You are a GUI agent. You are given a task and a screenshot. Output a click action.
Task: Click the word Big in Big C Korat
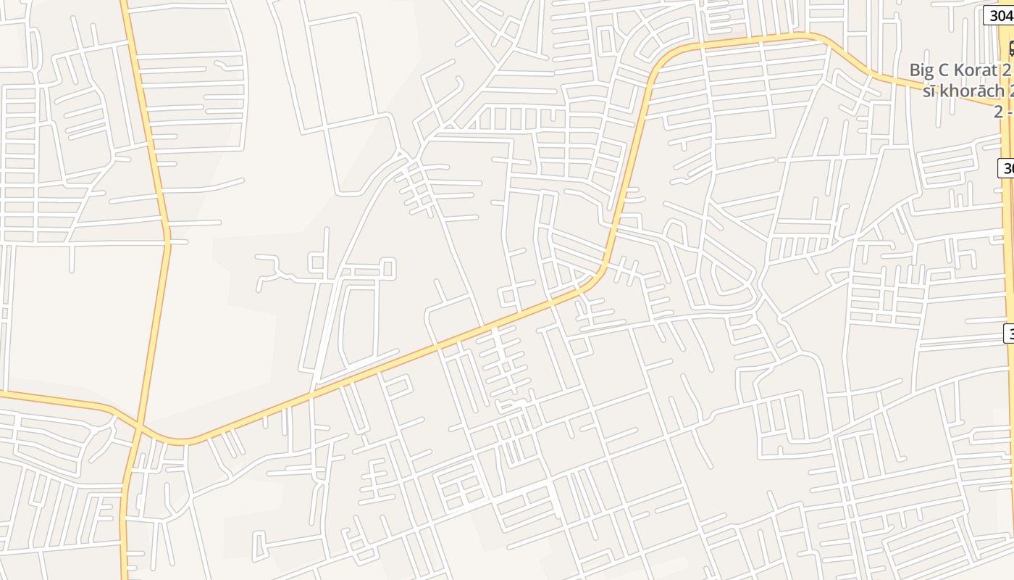coord(922,71)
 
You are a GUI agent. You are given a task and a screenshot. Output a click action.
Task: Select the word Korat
coord(974,71)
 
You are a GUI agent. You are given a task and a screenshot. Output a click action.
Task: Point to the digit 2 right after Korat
coord(1005,71)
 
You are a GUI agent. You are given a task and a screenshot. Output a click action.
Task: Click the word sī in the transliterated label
coord(930,91)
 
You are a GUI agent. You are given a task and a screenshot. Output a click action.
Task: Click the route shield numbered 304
coord(999,15)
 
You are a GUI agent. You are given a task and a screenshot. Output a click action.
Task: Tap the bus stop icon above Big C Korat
coord(1011,49)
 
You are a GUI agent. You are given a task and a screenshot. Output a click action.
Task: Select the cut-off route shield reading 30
coord(1006,168)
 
